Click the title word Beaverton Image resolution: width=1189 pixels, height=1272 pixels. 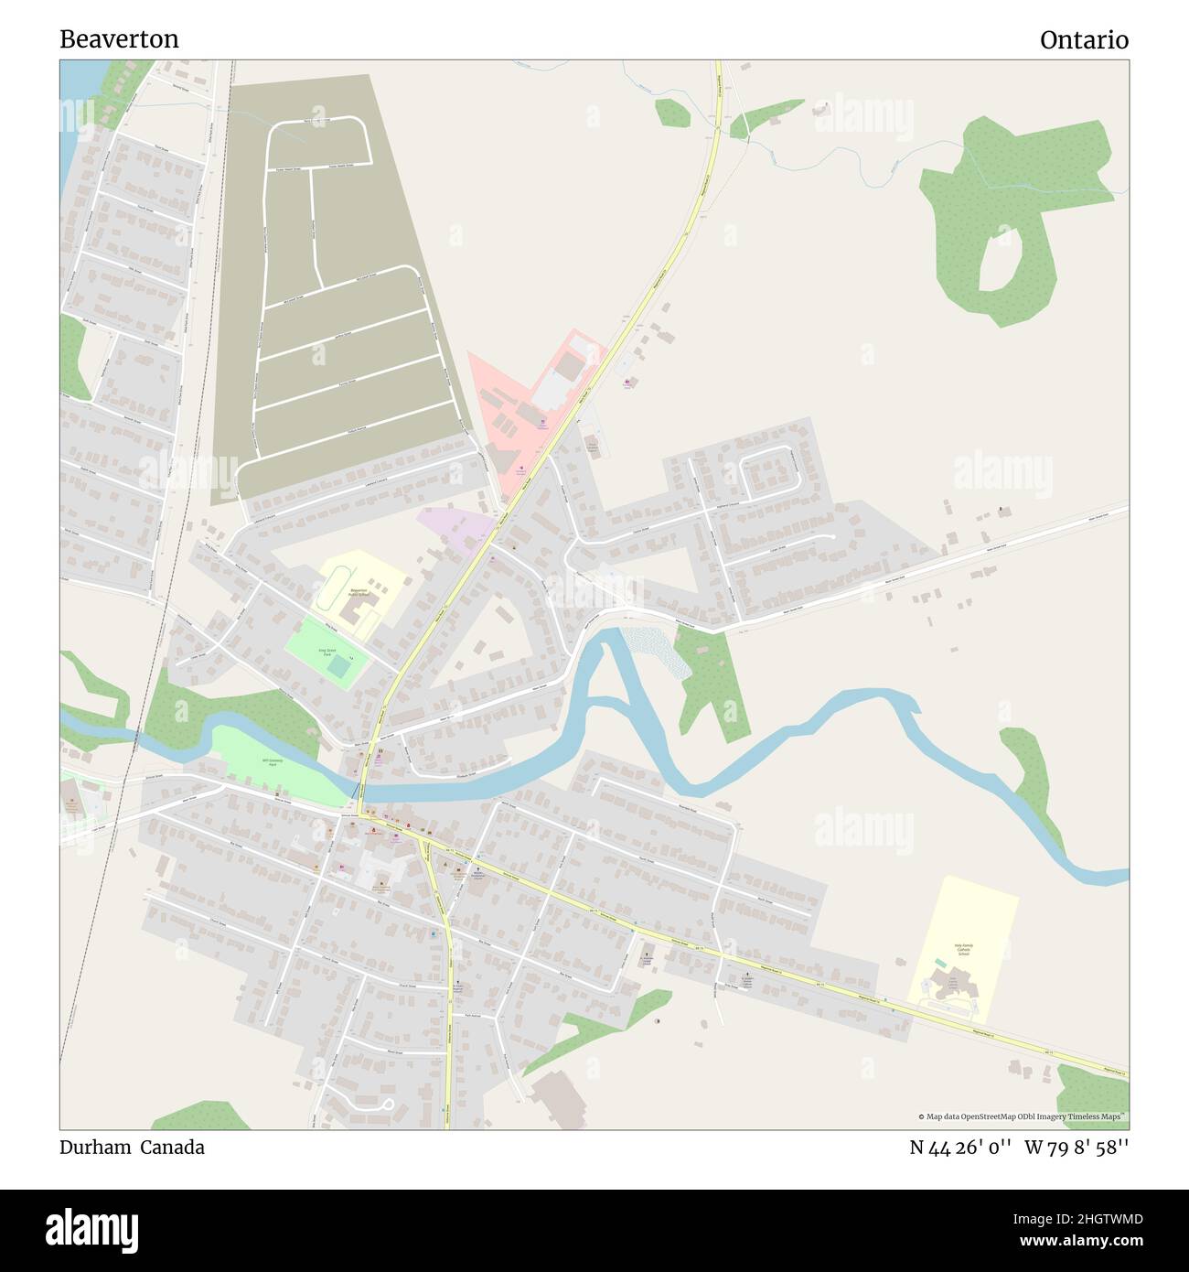point(119,39)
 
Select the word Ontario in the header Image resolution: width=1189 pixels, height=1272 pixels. point(1083,40)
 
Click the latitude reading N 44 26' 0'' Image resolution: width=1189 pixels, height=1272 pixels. point(959,1148)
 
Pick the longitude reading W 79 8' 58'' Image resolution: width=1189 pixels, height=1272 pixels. point(1077,1148)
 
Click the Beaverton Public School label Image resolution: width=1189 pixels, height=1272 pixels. point(359,592)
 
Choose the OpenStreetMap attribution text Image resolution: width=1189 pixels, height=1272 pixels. point(1022,1116)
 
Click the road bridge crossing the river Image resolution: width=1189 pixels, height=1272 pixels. point(362,788)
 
